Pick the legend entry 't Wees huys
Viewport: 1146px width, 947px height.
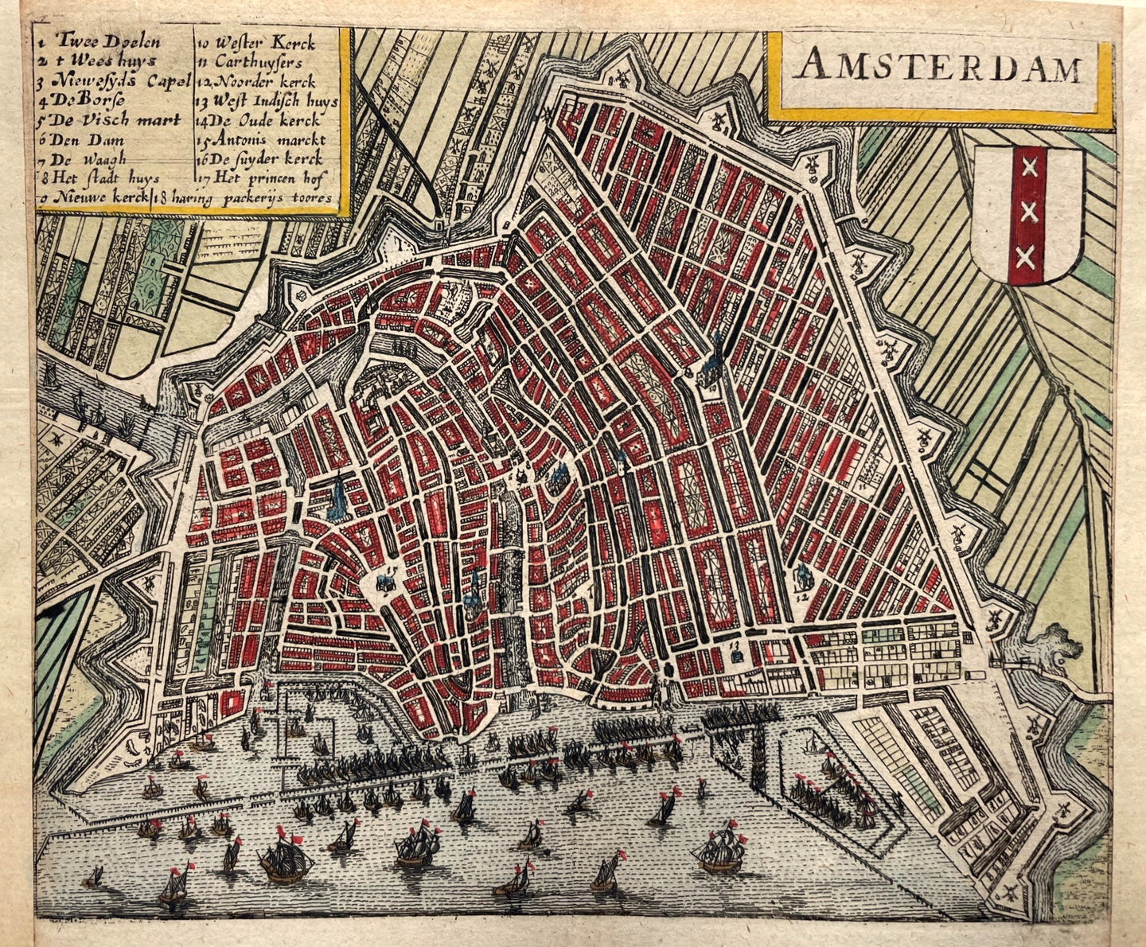(x=103, y=60)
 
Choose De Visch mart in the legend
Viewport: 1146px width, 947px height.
(x=111, y=120)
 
